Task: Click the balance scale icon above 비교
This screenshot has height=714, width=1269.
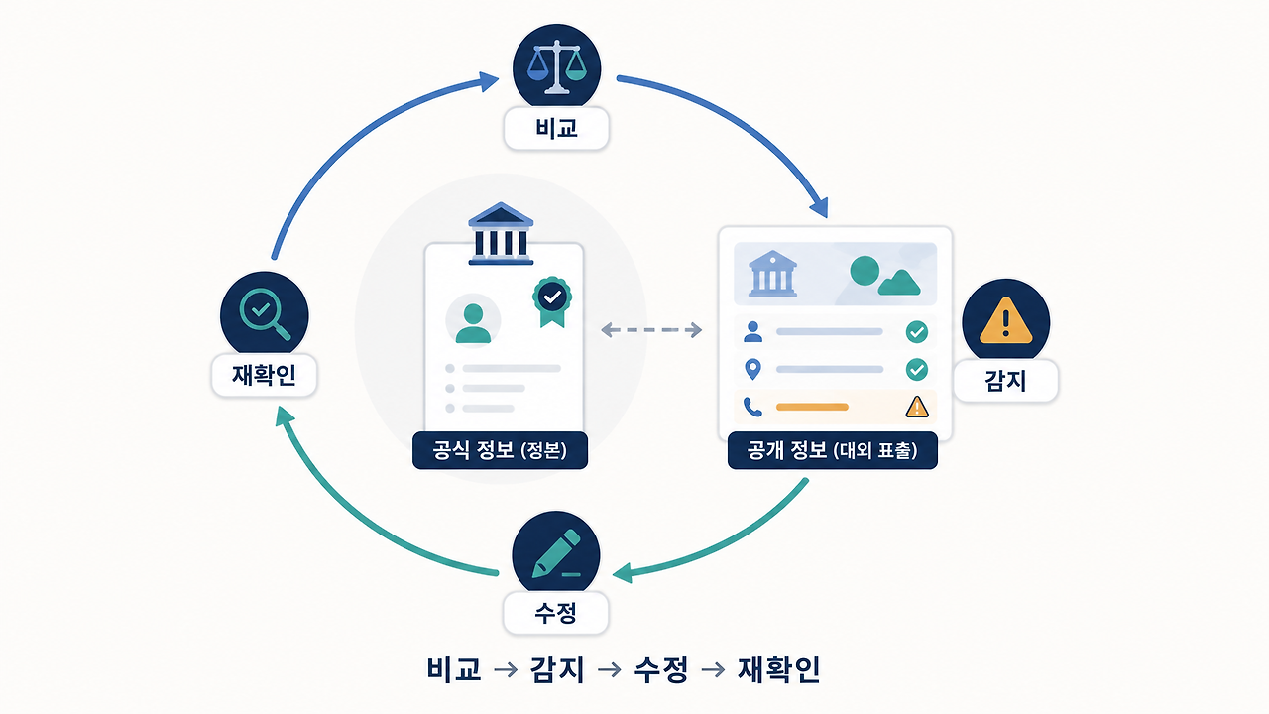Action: (557, 66)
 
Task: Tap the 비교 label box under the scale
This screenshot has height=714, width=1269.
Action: (556, 129)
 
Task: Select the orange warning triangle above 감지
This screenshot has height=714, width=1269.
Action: (1005, 320)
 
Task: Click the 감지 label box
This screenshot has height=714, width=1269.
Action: (1005, 381)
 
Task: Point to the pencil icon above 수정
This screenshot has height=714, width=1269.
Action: (556, 553)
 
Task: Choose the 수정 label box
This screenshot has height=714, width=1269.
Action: (556, 613)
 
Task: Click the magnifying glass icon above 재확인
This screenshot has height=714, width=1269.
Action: (265, 314)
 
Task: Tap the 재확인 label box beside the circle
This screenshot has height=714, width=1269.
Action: (264, 375)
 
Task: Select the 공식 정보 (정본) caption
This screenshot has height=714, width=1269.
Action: (500, 450)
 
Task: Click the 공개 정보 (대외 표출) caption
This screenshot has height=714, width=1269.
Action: (832, 450)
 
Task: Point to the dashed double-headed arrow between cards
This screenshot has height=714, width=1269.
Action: (651, 330)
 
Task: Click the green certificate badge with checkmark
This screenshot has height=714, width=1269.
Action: (552, 301)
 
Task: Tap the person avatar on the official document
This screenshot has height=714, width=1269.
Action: (473, 323)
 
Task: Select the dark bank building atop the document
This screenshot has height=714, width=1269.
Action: (501, 233)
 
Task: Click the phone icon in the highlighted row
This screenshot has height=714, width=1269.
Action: (752, 407)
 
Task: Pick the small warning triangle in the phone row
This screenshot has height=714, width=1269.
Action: (917, 407)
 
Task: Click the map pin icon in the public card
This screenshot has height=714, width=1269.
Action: (752, 370)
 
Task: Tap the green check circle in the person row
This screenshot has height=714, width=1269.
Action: (917, 332)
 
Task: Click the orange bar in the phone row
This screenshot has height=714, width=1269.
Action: (812, 407)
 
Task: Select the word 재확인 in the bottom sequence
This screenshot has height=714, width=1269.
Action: (779, 669)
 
